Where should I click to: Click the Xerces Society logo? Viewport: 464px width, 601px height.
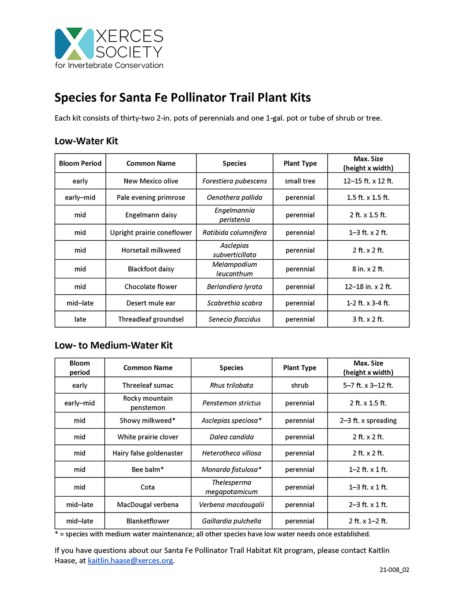[109, 48]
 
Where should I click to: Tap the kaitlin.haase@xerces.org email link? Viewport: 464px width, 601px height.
[130, 561]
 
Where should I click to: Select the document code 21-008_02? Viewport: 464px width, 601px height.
[394, 570]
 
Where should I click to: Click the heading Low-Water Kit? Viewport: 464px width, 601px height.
[86, 141]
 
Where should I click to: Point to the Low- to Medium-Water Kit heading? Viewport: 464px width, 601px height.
[113, 345]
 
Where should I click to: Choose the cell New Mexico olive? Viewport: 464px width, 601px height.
[151, 181]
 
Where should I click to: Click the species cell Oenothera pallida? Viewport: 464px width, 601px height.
[234, 197]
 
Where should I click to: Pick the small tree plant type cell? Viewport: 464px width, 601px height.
[300, 181]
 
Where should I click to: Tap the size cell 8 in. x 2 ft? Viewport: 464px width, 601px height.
[368, 269]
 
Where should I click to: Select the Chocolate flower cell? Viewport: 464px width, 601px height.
[151, 287]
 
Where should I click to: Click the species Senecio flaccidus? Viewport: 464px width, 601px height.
[234, 319]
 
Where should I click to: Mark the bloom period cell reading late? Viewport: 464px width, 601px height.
[80, 319]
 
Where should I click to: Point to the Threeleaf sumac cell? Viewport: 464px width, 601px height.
[148, 385]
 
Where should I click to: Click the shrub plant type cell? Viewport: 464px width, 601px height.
[299, 385]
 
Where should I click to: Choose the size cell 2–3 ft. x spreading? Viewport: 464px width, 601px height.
[368, 420]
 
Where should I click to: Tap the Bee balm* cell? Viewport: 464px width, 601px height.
[148, 470]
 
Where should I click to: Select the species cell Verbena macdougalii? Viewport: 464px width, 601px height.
[231, 505]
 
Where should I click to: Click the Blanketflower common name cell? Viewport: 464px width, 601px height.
[148, 521]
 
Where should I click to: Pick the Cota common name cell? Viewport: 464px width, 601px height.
[148, 487]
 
